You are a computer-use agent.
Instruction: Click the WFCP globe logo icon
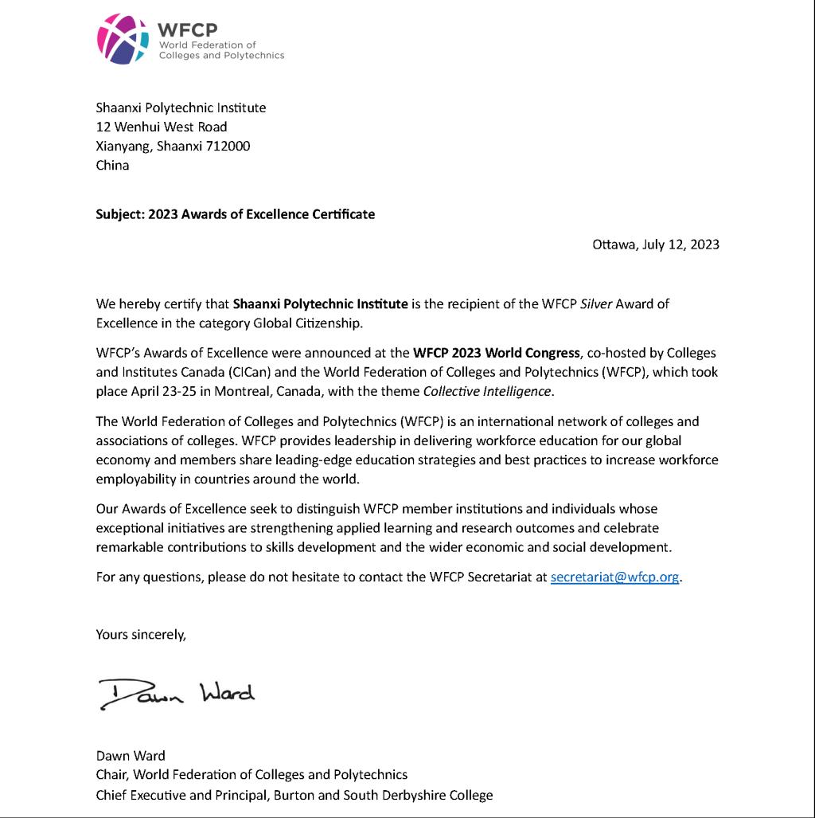point(123,38)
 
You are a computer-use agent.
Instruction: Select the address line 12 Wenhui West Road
point(161,127)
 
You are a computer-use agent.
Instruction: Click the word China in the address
point(112,166)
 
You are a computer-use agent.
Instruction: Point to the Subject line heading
point(235,213)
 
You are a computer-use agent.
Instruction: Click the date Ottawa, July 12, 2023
point(655,245)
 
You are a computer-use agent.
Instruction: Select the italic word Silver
point(586,303)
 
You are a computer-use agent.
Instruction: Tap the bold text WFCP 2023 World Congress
point(496,352)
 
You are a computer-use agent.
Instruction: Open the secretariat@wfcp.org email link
point(615,577)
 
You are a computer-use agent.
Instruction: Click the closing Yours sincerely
point(141,634)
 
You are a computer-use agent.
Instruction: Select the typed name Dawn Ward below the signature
point(131,755)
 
